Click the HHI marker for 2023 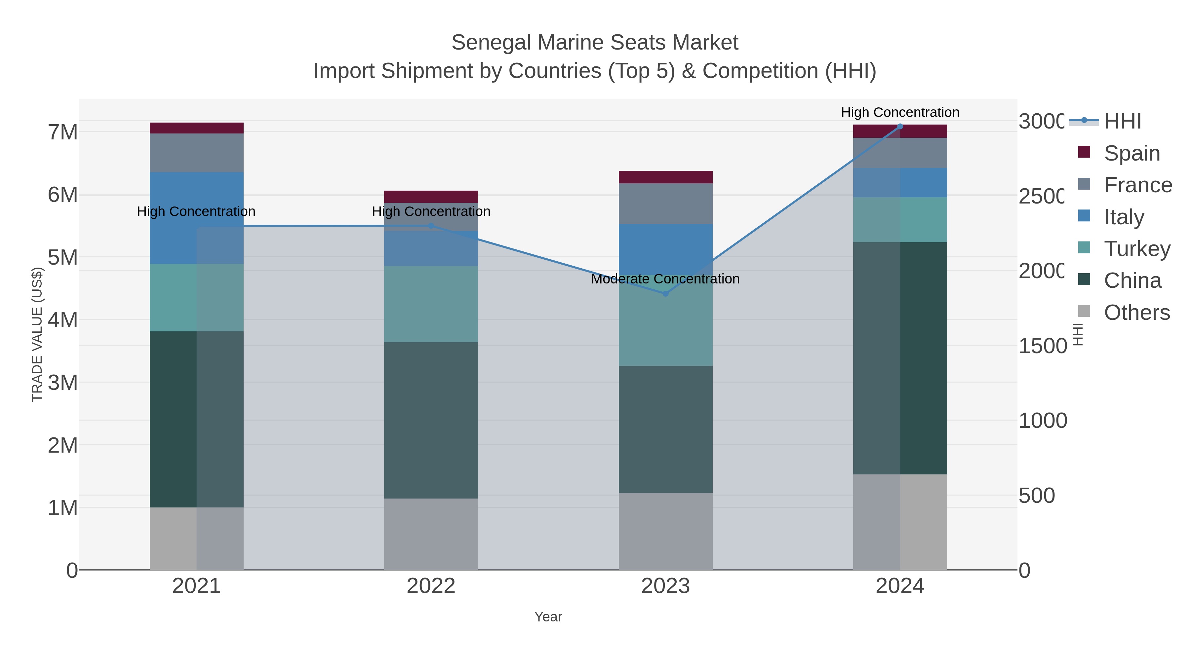[665, 294]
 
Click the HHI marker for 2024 [900, 127]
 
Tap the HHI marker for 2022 [431, 226]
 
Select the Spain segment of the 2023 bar [665, 177]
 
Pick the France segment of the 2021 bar [196, 153]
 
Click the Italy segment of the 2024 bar [900, 183]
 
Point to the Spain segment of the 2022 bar [431, 197]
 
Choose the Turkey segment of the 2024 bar [900, 220]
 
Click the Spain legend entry [1131, 153]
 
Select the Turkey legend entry [1137, 249]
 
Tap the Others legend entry [1136, 313]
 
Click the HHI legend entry [1122, 122]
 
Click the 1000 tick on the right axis [1043, 421]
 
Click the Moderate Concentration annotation [665, 279]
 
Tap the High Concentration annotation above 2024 [900, 112]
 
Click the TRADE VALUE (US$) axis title [37, 334]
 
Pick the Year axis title [548, 617]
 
